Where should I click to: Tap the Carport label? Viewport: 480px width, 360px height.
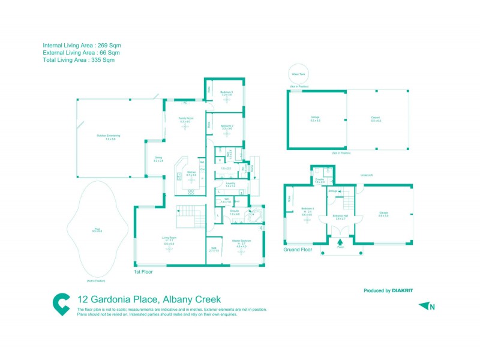pyautogui.click(x=376, y=118)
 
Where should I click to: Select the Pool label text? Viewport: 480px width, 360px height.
pyautogui.click(x=97, y=229)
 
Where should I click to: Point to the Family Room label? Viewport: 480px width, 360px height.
pyautogui.click(x=186, y=119)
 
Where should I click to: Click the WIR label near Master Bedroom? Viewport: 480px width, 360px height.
pyautogui.click(x=213, y=248)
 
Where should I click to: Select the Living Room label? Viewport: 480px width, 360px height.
pyautogui.click(x=169, y=239)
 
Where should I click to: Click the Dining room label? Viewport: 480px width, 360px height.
pyautogui.click(x=158, y=159)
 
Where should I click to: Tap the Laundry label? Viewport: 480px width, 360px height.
pyautogui.click(x=230, y=184)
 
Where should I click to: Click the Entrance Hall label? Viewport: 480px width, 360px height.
pyautogui.click(x=341, y=216)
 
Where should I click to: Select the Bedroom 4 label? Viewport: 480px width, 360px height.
pyautogui.click(x=307, y=209)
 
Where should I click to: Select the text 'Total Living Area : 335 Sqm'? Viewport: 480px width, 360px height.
pyautogui.click(x=79, y=60)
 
